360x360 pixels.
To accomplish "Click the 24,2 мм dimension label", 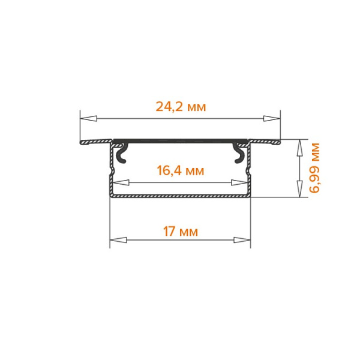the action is pyautogui.click(x=181, y=107).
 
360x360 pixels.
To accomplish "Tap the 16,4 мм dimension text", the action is pyautogui.click(x=180, y=171).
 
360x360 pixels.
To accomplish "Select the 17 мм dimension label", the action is pyautogui.click(x=180, y=232).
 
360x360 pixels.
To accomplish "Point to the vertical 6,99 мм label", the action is pyautogui.click(x=314, y=168).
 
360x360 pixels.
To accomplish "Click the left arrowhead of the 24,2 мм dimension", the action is pyautogui.click(x=88, y=119).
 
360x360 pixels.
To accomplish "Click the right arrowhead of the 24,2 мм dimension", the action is pyautogui.click(x=272, y=119).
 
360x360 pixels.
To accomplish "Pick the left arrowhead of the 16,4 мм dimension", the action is pyautogui.click(x=121, y=183).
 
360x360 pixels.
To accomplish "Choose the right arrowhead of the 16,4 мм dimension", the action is pyautogui.click(x=239, y=183).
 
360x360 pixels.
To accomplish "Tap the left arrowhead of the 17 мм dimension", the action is pyautogui.click(x=118, y=240).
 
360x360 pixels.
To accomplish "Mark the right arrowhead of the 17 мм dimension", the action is pyautogui.click(x=242, y=240).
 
